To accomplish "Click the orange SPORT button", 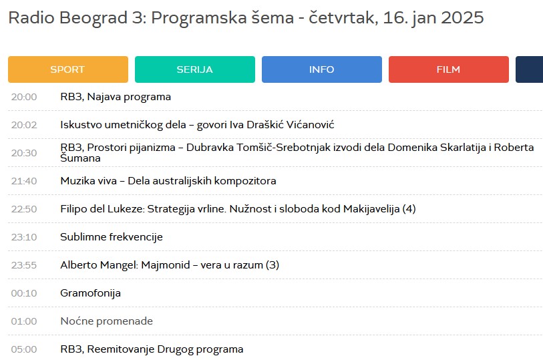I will click(x=67, y=69).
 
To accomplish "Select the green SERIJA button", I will click(x=194, y=69).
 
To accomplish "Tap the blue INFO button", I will click(x=321, y=69).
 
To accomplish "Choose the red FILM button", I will click(x=448, y=69).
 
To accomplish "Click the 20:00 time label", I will click(x=24, y=97).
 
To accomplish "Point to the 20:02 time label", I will click(x=24, y=125).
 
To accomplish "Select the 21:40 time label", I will click(x=24, y=181).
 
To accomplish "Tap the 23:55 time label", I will click(x=24, y=265).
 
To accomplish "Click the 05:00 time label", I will click(x=24, y=349).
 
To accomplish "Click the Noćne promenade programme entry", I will click(x=106, y=321).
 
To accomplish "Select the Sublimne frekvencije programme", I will click(x=111, y=237).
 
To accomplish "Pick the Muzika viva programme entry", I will click(x=168, y=181).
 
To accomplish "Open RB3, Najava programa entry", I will click(x=116, y=97).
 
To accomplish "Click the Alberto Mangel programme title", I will click(x=169, y=265).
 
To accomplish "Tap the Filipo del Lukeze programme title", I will click(x=238, y=209).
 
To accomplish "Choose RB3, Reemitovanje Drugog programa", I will click(x=152, y=349).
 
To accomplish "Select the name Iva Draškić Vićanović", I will click(x=281, y=125).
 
